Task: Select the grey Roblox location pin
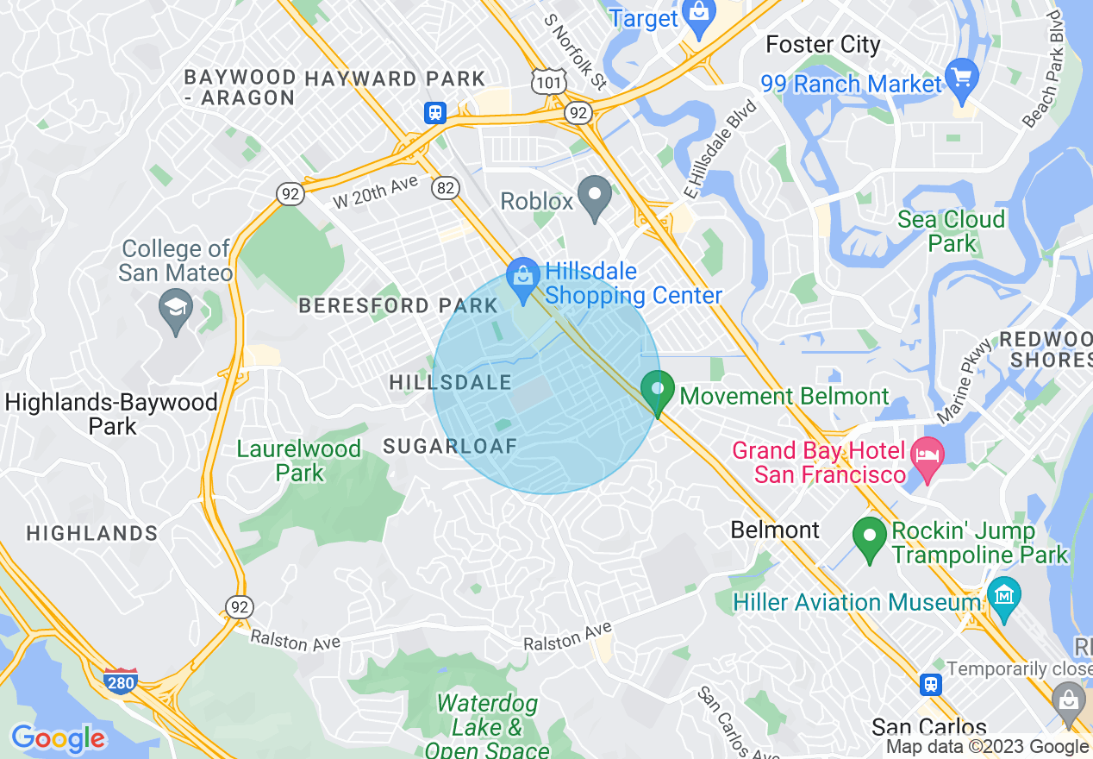click(594, 198)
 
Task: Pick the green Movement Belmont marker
click(658, 392)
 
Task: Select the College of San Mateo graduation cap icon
click(177, 310)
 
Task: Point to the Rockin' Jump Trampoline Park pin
click(870, 537)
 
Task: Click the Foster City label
click(822, 45)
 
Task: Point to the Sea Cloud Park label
click(951, 231)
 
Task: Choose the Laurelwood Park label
click(298, 461)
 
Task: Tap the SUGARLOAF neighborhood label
click(450, 446)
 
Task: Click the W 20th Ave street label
click(375, 191)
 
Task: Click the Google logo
click(58, 738)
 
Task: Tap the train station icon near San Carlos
click(930, 685)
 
